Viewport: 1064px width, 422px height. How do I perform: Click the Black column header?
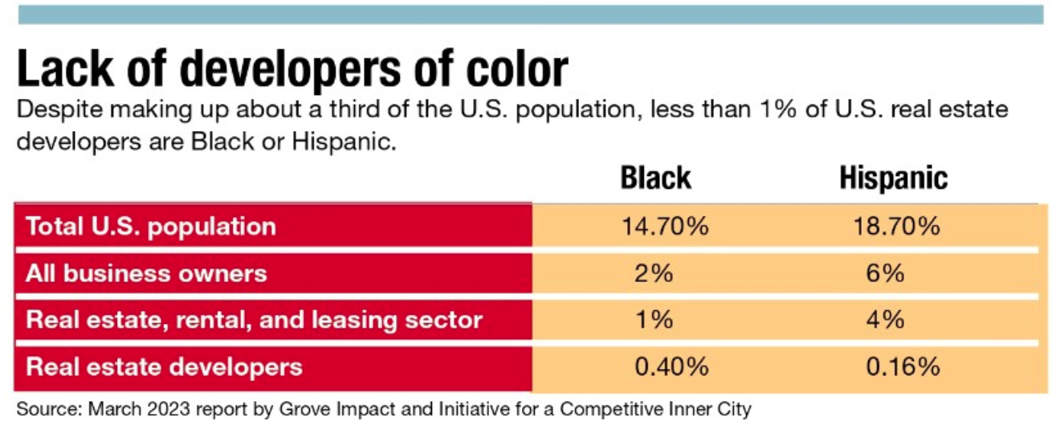tap(655, 178)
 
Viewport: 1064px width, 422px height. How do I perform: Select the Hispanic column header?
tap(893, 178)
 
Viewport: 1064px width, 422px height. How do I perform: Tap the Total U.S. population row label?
tap(151, 227)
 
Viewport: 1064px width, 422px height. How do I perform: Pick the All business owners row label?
tap(146, 273)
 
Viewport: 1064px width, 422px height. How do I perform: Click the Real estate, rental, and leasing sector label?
tap(255, 320)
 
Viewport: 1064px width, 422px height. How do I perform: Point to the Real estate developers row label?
tap(165, 367)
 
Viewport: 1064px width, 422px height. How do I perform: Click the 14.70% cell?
tap(665, 227)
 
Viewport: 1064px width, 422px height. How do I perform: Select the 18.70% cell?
tap(897, 227)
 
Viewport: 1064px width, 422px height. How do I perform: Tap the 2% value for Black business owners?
tap(654, 273)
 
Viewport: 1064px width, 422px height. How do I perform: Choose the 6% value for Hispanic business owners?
tap(886, 273)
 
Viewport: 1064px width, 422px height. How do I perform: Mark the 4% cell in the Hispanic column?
tap(886, 320)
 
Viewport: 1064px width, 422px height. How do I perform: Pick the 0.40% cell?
tap(671, 367)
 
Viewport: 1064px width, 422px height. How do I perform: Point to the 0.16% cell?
tap(903, 367)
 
